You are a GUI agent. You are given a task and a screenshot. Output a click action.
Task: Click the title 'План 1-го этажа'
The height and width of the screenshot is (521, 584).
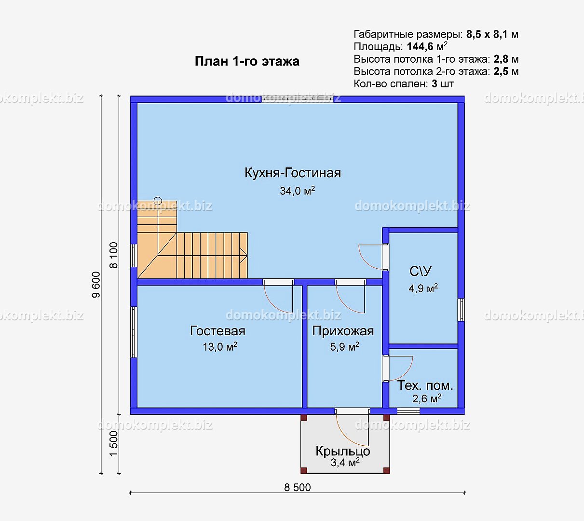[247, 61]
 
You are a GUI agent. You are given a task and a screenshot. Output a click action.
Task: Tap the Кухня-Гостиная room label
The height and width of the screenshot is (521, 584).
[293, 173]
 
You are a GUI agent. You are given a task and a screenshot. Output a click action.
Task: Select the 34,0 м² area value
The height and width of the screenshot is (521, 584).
[297, 191]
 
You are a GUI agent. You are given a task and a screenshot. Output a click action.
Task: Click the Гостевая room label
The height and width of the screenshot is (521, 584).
[217, 331]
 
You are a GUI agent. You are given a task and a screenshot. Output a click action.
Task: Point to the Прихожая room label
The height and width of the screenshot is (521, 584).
[343, 331]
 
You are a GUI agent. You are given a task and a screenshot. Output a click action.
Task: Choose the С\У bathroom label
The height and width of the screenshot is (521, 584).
[420, 271]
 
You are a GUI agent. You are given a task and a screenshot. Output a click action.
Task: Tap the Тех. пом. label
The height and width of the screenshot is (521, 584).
[425, 385]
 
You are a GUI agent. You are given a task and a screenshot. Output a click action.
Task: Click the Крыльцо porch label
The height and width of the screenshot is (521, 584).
[343, 451]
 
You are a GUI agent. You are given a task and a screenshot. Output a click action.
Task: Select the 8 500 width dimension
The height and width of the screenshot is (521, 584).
[298, 487]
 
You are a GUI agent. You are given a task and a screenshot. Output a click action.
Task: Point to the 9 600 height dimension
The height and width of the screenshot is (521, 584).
[96, 285]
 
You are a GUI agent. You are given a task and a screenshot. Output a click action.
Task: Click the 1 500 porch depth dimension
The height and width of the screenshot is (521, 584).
[114, 444]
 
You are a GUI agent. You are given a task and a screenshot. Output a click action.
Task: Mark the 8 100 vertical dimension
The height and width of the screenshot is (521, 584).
[114, 255]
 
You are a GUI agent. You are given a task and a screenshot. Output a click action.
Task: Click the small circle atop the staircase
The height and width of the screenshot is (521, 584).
[158, 201]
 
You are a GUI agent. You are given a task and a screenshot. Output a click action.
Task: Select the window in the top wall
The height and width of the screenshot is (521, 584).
[297, 99]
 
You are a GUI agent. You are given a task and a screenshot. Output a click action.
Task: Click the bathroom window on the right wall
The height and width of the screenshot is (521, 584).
[461, 310]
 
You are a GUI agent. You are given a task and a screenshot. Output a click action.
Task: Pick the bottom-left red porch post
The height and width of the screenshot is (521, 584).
[304, 470]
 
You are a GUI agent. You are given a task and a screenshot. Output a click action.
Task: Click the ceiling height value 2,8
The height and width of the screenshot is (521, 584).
[501, 59]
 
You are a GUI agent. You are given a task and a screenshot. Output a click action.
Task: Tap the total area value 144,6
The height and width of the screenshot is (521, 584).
[420, 46]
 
